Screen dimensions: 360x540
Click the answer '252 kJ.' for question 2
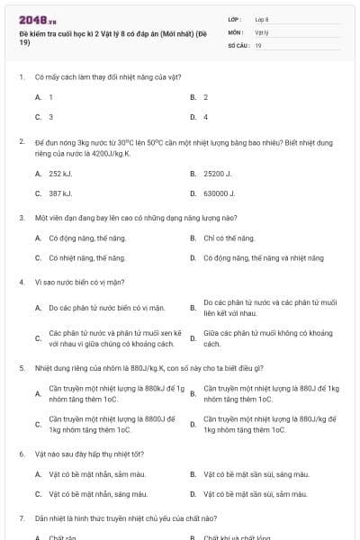click(60, 173)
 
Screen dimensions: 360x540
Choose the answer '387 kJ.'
click(60, 193)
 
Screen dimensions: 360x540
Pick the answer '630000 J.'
click(219, 193)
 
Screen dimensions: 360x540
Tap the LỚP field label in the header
click(235, 19)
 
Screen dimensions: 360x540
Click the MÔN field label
click(236, 31)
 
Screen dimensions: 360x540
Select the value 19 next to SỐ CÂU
click(258, 44)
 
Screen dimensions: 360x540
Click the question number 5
click(22, 367)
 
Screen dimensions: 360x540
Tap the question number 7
click(22, 518)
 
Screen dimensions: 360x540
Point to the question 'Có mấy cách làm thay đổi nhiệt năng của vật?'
click(94, 76)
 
